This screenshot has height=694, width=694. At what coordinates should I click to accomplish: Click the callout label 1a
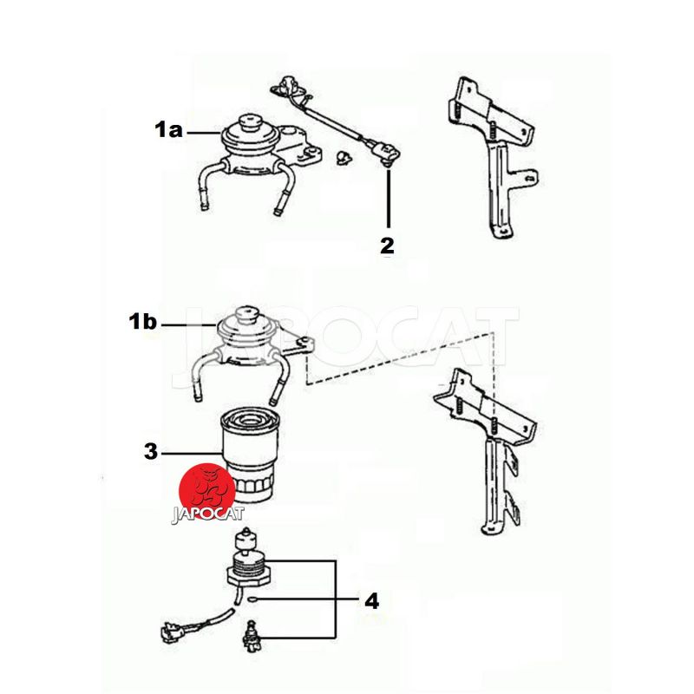[168, 130]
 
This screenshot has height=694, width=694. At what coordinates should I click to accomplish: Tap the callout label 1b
[142, 321]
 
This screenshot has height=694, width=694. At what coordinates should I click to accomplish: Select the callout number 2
[387, 246]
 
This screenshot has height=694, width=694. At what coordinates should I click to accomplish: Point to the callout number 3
[150, 452]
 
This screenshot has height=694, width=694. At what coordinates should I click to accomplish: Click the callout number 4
[372, 602]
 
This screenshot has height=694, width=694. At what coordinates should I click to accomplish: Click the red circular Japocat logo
[206, 491]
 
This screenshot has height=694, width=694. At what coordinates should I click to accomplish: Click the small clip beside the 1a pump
[343, 157]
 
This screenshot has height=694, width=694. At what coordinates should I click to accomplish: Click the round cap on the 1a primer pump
[249, 122]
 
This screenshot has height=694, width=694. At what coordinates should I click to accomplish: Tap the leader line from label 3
[191, 453]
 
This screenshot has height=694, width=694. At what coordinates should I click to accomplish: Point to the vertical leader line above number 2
[388, 198]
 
